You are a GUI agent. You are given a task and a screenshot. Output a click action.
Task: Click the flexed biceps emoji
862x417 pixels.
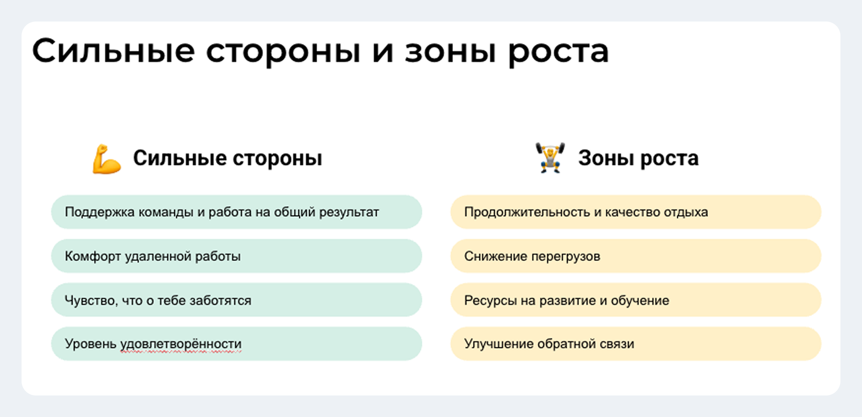[107, 159]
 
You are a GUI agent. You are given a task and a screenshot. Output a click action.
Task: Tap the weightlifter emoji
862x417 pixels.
[550, 158]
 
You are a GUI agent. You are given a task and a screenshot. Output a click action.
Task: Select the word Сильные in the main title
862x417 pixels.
[113, 51]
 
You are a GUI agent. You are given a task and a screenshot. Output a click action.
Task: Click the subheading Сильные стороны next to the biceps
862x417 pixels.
[228, 158]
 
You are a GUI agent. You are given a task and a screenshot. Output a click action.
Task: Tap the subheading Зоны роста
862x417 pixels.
[638, 158]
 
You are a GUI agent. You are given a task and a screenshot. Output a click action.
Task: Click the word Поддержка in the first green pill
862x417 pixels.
[99, 212]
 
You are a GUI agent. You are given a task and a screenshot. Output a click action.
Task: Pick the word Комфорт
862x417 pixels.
[93, 257]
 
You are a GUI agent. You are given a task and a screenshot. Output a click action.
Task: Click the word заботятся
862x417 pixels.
[221, 301]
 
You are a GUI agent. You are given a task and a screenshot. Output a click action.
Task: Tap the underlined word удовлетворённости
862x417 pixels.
[181, 344]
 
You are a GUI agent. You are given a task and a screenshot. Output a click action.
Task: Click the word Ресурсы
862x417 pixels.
[491, 301]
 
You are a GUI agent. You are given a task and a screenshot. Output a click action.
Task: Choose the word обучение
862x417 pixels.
[640, 301]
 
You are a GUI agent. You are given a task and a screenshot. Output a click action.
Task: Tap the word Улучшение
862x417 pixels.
[499, 344]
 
